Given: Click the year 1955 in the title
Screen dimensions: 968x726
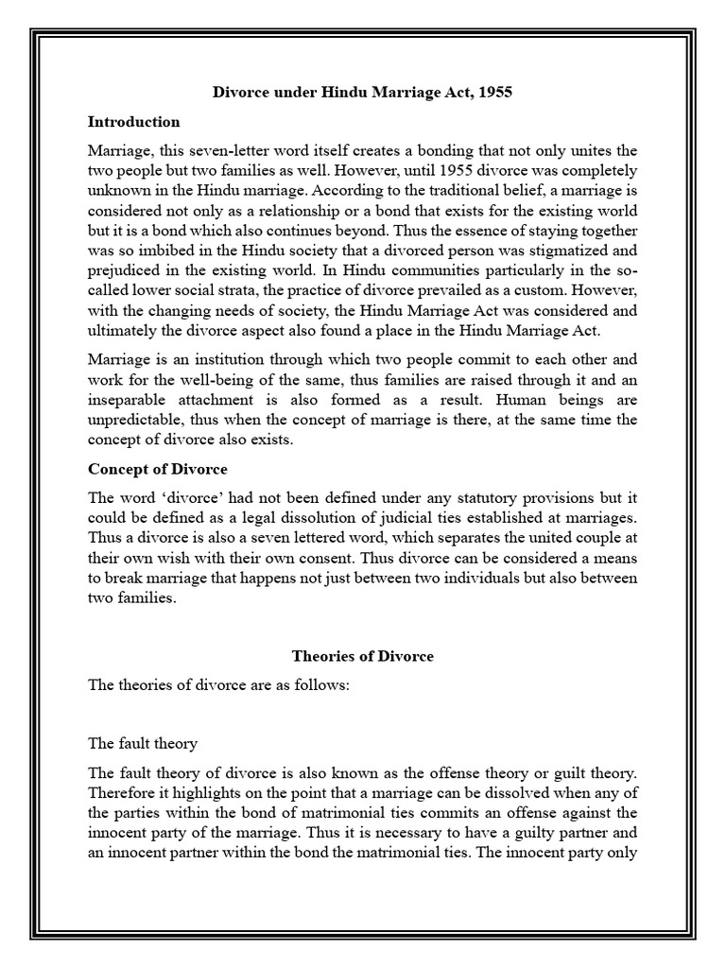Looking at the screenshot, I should click(x=498, y=94).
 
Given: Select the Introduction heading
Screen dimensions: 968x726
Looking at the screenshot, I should click(x=133, y=122).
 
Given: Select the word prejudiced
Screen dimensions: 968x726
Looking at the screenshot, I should click(x=129, y=272).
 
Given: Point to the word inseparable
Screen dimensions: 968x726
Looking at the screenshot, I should click(x=128, y=401).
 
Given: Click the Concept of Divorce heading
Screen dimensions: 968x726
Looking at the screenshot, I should click(x=158, y=470).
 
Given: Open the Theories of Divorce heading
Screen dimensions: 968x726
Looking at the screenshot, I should click(x=363, y=657).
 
